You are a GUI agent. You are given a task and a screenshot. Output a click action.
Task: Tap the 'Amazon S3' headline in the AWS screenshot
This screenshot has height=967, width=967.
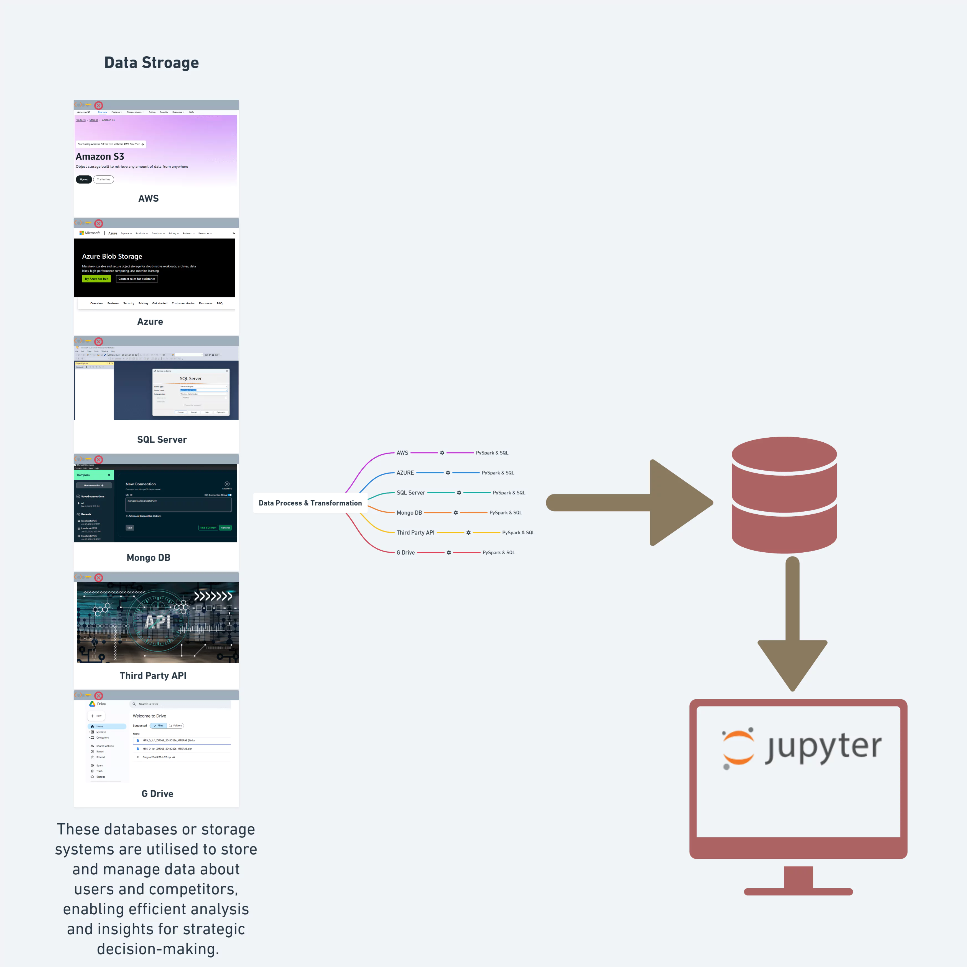[x=100, y=157]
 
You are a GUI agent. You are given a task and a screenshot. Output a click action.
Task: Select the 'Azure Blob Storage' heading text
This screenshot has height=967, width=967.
[x=112, y=256]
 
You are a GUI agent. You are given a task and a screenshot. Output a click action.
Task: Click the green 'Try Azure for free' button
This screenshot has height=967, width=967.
[x=96, y=279]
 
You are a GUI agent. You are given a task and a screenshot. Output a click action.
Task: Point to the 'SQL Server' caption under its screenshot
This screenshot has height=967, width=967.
[x=162, y=440]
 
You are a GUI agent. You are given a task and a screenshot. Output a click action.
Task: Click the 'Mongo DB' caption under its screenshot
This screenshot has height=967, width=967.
[x=148, y=558]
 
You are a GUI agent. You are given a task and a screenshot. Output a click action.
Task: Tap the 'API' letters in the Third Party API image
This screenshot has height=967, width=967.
[x=158, y=622]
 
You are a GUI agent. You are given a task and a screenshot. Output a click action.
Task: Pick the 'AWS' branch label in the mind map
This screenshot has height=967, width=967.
[x=402, y=453]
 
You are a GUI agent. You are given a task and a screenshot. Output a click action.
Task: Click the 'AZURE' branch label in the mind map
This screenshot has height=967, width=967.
[x=405, y=473]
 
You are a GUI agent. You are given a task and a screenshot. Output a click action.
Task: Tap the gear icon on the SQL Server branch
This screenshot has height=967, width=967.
[x=459, y=493]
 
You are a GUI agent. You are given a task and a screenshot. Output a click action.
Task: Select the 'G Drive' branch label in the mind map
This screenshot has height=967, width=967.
[x=405, y=553]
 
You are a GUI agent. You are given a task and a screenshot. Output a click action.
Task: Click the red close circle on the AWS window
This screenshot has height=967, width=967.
[x=99, y=106]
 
